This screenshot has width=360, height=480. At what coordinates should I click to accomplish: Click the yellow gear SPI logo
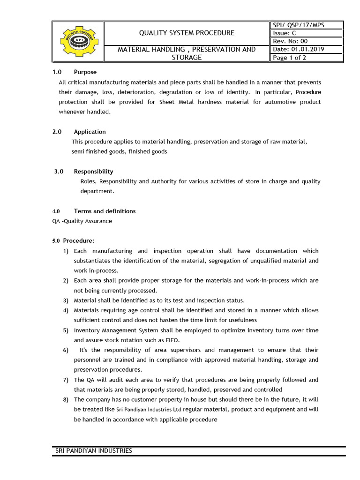coord(78,41)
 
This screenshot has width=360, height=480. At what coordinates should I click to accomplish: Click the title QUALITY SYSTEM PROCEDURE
coord(187,33)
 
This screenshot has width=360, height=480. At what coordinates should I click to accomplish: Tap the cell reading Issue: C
coord(284,33)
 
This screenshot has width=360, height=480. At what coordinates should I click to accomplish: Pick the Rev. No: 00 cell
coord(290,41)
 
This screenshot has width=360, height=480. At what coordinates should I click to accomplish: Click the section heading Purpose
coord(85,72)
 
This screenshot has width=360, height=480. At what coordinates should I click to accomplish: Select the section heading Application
coord(90,132)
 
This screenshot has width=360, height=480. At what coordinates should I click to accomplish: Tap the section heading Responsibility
coord(93,172)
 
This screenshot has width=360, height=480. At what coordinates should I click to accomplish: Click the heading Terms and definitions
coord(105,211)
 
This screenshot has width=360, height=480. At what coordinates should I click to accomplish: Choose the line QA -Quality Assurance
coord(82,221)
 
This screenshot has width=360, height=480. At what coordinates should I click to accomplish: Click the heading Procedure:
coord(79,241)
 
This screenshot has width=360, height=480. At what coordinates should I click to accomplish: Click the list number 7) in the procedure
coord(66,380)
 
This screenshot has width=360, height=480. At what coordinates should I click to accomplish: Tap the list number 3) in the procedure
coord(66,300)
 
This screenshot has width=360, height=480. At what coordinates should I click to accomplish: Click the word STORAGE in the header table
coord(187,58)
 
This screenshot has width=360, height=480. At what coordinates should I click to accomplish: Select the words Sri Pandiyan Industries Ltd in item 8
coord(149,410)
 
